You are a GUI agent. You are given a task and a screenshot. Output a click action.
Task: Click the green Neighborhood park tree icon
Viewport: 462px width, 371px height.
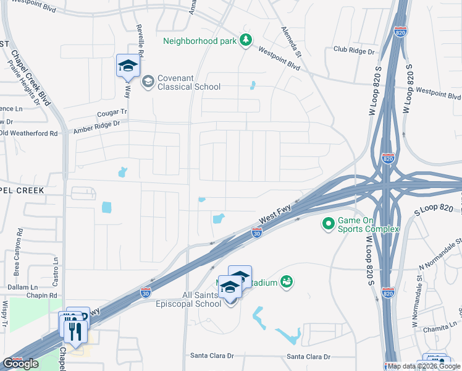(246, 40)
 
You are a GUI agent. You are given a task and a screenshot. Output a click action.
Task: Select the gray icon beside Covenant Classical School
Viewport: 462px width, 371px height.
(148, 82)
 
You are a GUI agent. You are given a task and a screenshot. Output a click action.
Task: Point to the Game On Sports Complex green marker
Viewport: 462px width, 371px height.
(327, 223)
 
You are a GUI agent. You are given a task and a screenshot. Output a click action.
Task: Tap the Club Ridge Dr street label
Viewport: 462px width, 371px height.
(354, 49)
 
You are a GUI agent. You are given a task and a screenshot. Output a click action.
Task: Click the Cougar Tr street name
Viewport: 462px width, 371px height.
(112, 114)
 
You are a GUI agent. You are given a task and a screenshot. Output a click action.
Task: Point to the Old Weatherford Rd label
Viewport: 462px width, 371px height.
(28, 133)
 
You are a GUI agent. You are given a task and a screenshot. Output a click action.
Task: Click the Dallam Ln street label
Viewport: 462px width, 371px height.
(23, 288)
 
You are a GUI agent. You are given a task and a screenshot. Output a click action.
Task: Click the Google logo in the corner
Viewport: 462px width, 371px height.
(20, 364)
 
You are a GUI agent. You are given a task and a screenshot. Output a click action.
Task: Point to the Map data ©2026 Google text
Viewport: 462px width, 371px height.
(424, 366)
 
